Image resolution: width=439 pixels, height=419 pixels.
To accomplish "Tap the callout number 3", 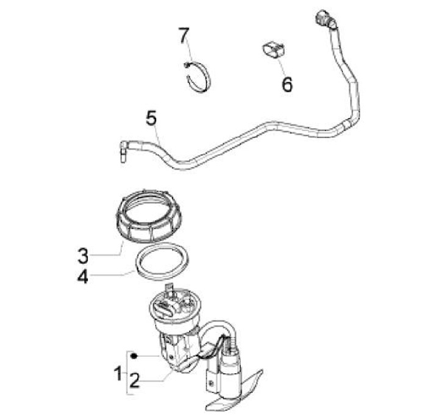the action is [84, 253].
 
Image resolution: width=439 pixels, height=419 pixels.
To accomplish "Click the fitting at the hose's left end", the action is [121, 149].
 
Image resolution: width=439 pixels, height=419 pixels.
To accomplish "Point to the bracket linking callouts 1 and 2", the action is [128, 372].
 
